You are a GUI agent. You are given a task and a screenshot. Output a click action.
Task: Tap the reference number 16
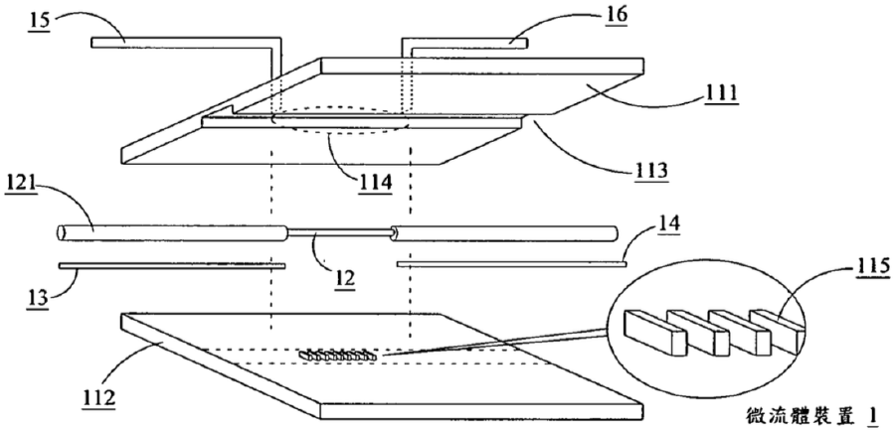pyautogui.click(x=615, y=15)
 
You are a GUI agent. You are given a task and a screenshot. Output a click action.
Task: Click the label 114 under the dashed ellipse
pyautogui.click(x=375, y=185)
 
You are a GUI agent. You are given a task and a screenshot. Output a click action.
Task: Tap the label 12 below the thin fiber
pyautogui.click(x=345, y=277)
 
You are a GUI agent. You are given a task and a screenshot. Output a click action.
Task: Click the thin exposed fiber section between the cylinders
pyautogui.click(x=339, y=231)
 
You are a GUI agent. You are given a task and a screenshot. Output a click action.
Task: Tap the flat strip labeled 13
pyautogui.click(x=172, y=265)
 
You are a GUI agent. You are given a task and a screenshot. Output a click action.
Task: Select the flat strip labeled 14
pyautogui.click(x=511, y=263)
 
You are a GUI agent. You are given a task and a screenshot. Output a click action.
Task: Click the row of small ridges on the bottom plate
pyautogui.click(x=338, y=356)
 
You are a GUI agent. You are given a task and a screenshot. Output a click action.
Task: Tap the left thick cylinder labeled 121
pyautogui.click(x=171, y=232)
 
